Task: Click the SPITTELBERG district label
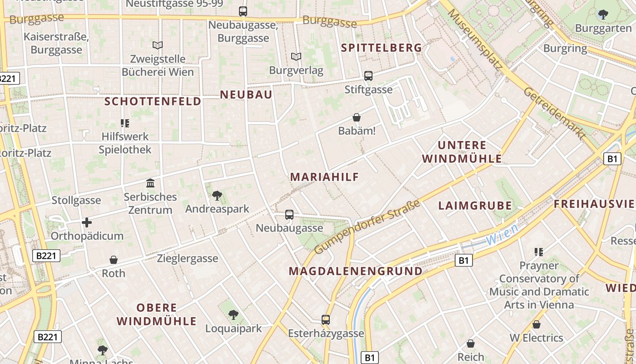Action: pos(382,48)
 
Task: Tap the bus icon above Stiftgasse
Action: pos(368,76)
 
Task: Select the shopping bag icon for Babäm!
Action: pos(357,118)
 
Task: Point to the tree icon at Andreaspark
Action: pos(217,196)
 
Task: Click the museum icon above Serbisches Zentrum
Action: pos(150,183)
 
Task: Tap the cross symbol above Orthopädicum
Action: pos(86,222)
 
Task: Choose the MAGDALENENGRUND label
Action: pos(355,272)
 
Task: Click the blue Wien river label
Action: pos(502,234)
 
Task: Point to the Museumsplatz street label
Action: pos(474,40)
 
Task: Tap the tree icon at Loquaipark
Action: pos(234,314)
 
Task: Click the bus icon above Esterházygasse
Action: pos(325,320)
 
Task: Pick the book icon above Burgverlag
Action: pos(296,57)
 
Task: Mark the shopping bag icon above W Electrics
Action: pos(537,324)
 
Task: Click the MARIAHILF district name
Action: pos(324,177)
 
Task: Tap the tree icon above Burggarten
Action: pos(603,15)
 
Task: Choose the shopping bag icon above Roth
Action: pos(114,260)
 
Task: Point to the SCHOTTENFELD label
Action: pos(153,101)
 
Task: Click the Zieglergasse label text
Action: pos(187,258)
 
